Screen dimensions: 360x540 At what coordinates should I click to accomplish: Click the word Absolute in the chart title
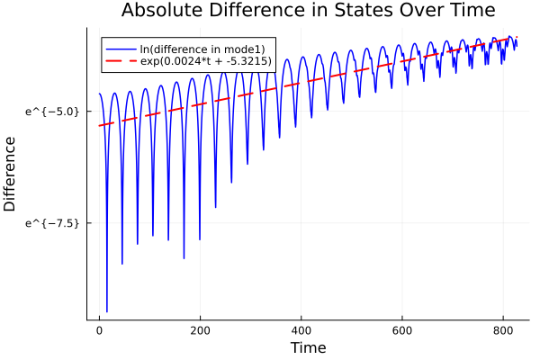pyautogui.click(x=158, y=11)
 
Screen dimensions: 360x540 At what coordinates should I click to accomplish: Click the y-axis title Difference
pyautogui.click(x=11, y=174)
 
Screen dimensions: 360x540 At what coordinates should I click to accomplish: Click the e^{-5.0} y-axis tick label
pyautogui.click(x=54, y=111)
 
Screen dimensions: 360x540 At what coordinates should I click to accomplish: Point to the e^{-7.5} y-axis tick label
pyautogui.click(x=54, y=222)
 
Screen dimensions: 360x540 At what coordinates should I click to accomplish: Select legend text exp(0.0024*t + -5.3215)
pyautogui.click(x=206, y=60)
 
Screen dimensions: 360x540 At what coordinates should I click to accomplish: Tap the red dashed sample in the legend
pyautogui.click(x=121, y=60)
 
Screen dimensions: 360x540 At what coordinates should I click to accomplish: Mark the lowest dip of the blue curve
pyautogui.click(x=107, y=311)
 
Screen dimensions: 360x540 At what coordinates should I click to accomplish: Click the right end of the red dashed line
pyautogui.click(x=517, y=37)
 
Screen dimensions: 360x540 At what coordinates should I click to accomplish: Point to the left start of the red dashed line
pyautogui.click(x=99, y=125)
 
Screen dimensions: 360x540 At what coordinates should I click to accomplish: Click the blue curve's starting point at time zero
pyautogui.click(x=99, y=94)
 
